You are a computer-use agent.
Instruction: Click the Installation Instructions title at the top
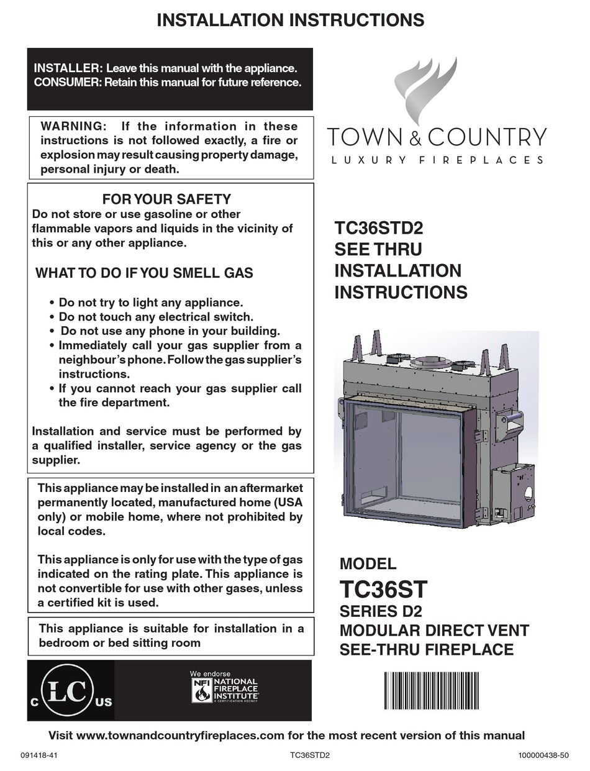291,20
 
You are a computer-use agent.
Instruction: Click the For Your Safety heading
166,199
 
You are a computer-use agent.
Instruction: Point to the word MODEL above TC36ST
368,564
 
